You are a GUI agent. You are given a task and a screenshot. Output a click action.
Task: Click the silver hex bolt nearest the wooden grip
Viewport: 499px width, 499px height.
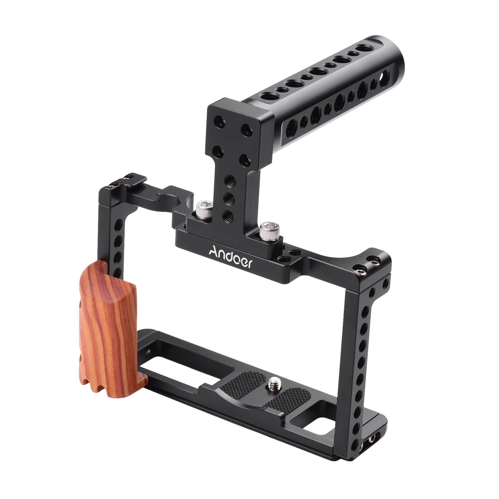204,209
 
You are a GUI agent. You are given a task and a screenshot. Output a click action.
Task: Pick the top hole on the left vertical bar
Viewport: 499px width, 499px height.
118,225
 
